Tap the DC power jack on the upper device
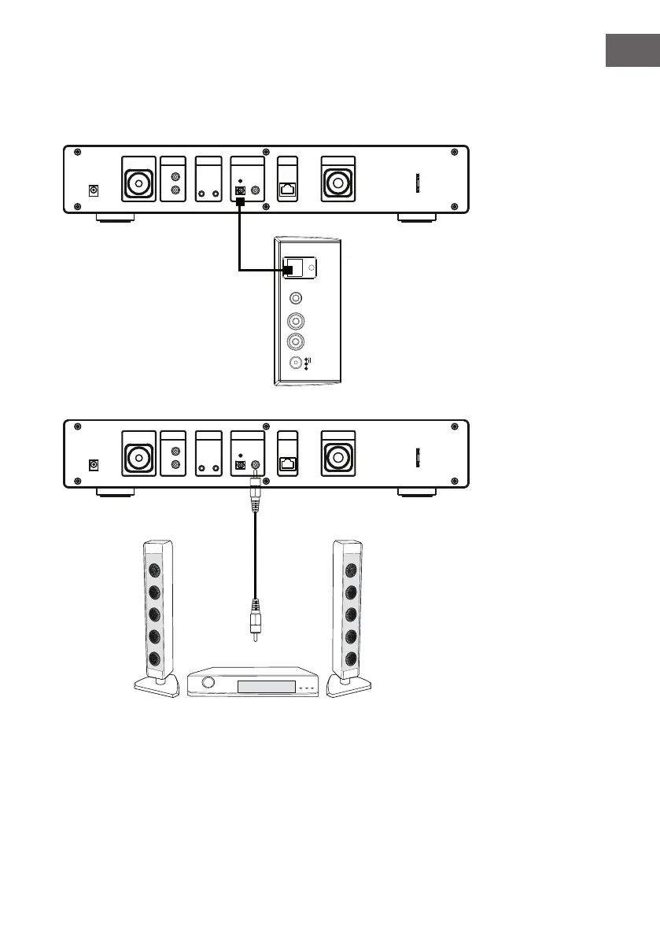click(95, 190)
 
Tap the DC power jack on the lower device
click(95, 465)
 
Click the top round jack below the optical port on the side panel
click(296, 299)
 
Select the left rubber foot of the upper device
click(115, 218)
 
